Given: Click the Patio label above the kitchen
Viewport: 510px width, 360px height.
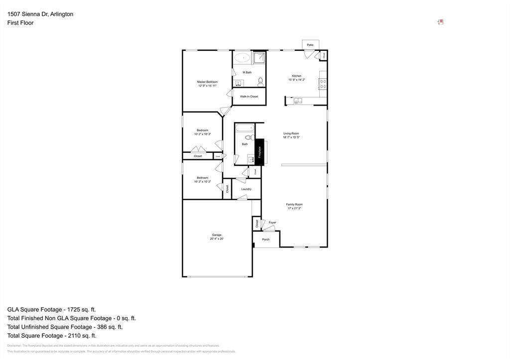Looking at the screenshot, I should pos(310,45).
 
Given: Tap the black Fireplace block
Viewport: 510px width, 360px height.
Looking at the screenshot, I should pos(259,152).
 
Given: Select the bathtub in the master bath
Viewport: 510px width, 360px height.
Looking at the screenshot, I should pos(243,58).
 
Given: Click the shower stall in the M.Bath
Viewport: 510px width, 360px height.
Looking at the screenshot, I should pos(259,58).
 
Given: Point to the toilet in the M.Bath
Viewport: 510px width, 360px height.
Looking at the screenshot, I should pos(260,81).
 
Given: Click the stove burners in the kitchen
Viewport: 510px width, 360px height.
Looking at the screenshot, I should pos(323,84).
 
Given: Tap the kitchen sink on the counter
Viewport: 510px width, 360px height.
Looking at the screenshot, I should pos(298,101).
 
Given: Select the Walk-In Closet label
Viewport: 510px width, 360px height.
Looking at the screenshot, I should pos(249,97).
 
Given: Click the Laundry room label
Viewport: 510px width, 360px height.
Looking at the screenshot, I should pos(246,189).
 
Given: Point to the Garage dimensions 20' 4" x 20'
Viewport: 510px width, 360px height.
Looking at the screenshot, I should pos(217,239).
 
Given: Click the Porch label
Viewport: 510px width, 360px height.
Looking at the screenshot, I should pos(265,240).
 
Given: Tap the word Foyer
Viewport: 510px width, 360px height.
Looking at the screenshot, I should pos(272,223).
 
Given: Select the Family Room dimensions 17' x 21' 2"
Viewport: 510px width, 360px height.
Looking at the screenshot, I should pos(294,209).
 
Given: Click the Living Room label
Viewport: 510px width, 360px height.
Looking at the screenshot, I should pos(291,133).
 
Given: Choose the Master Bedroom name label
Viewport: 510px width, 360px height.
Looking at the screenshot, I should pos(207,82).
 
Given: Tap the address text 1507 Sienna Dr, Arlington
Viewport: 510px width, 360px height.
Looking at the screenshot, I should pos(40,14).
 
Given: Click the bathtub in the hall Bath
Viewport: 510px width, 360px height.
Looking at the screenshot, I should pos(245,128).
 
